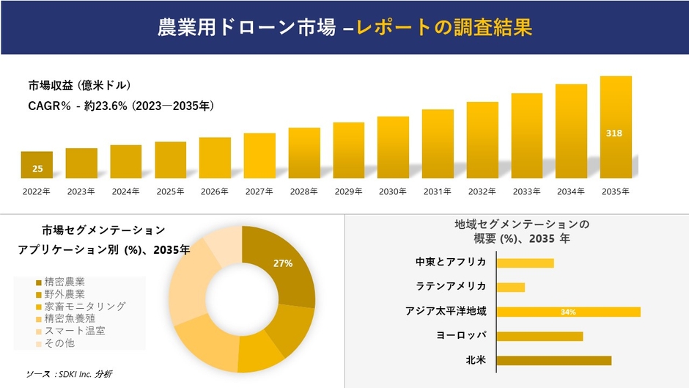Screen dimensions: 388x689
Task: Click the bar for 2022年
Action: point(37,165)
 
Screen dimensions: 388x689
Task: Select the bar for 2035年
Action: point(615,128)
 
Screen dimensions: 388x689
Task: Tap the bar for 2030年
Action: point(393,147)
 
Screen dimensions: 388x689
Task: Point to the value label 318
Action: point(615,133)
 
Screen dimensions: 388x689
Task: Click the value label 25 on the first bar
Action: point(37,169)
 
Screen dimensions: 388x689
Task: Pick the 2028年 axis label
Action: point(303,191)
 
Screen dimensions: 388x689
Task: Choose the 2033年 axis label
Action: point(526,191)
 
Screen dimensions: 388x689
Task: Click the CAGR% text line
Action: point(121,106)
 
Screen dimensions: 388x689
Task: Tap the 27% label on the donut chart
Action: point(283,263)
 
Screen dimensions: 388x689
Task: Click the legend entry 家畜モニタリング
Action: point(84,306)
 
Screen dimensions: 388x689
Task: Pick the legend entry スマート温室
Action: point(74,331)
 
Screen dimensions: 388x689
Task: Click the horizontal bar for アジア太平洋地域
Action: point(568,312)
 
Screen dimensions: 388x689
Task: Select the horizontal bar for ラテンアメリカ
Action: point(511,287)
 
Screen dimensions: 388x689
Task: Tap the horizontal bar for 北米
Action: point(553,360)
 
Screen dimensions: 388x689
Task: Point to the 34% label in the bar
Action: point(567,312)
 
